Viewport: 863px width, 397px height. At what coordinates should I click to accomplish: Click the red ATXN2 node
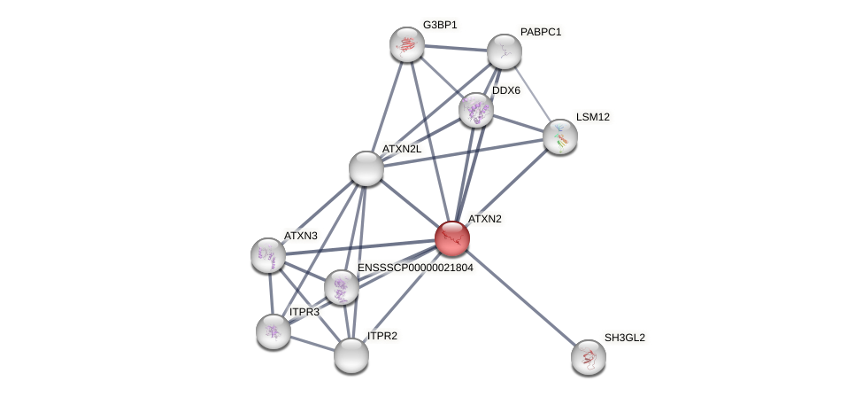pos(451,238)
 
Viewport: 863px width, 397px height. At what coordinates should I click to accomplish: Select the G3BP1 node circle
pos(407,44)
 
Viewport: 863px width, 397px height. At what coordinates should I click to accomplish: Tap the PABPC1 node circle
pos(504,51)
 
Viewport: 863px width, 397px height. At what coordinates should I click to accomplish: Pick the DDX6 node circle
pos(476,110)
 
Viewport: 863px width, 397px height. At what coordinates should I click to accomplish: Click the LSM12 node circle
pos(560,136)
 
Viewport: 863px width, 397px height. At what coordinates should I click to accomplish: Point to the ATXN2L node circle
pos(366,168)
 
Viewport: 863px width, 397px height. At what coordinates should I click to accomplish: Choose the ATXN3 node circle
pos(268,255)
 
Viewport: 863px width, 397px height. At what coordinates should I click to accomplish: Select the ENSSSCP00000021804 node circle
pos(341,287)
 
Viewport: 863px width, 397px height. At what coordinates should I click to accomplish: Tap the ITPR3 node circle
pos(274,331)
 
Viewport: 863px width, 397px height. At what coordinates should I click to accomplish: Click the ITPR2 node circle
pos(351,355)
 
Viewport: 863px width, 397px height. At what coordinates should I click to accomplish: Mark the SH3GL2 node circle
pos(589,357)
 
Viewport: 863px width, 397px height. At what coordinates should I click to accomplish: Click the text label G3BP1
pos(440,25)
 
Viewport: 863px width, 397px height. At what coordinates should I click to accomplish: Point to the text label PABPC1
pos(540,32)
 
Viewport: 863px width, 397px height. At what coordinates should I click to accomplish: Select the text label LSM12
pos(592,117)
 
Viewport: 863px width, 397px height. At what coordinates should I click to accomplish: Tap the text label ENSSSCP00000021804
pos(415,268)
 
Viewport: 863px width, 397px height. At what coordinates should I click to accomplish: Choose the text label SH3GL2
pos(624,338)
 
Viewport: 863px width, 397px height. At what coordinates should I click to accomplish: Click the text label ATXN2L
pos(402,149)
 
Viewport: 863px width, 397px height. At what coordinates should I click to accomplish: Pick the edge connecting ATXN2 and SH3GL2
pos(520,298)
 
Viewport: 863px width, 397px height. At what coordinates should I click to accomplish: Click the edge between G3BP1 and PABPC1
pos(455,48)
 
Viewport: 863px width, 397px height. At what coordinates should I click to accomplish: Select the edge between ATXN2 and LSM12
pos(506,187)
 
